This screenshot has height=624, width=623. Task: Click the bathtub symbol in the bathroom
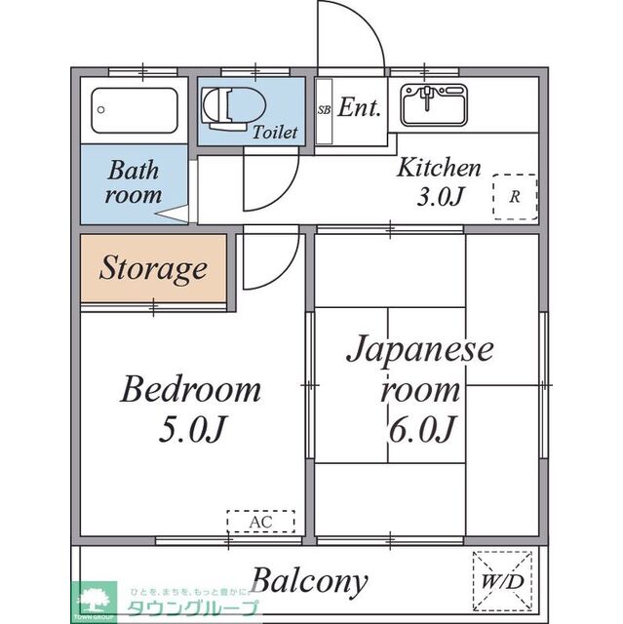(136, 111)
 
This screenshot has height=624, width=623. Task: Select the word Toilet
(275, 133)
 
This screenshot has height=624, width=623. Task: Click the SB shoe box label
(324, 109)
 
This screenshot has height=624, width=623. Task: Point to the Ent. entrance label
(359, 108)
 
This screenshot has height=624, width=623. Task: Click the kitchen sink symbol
(430, 104)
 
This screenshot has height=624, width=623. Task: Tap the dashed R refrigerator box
(514, 195)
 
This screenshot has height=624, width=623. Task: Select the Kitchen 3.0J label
(438, 181)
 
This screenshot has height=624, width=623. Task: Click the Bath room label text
(134, 182)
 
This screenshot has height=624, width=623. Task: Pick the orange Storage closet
(153, 268)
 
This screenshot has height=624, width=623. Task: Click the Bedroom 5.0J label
(190, 408)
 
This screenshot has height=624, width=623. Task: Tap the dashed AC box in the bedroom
(259, 523)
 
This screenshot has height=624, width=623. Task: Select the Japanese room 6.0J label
(419, 387)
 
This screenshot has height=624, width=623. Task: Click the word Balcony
(310, 582)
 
